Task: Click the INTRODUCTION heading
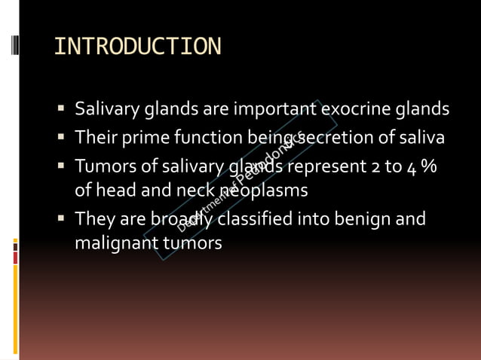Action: (x=138, y=47)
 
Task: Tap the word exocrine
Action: (x=358, y=109)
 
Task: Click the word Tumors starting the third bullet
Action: (x=100, y=166)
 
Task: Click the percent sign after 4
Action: (x=429, y=166)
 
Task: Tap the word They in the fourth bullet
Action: (x=92, y=219)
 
